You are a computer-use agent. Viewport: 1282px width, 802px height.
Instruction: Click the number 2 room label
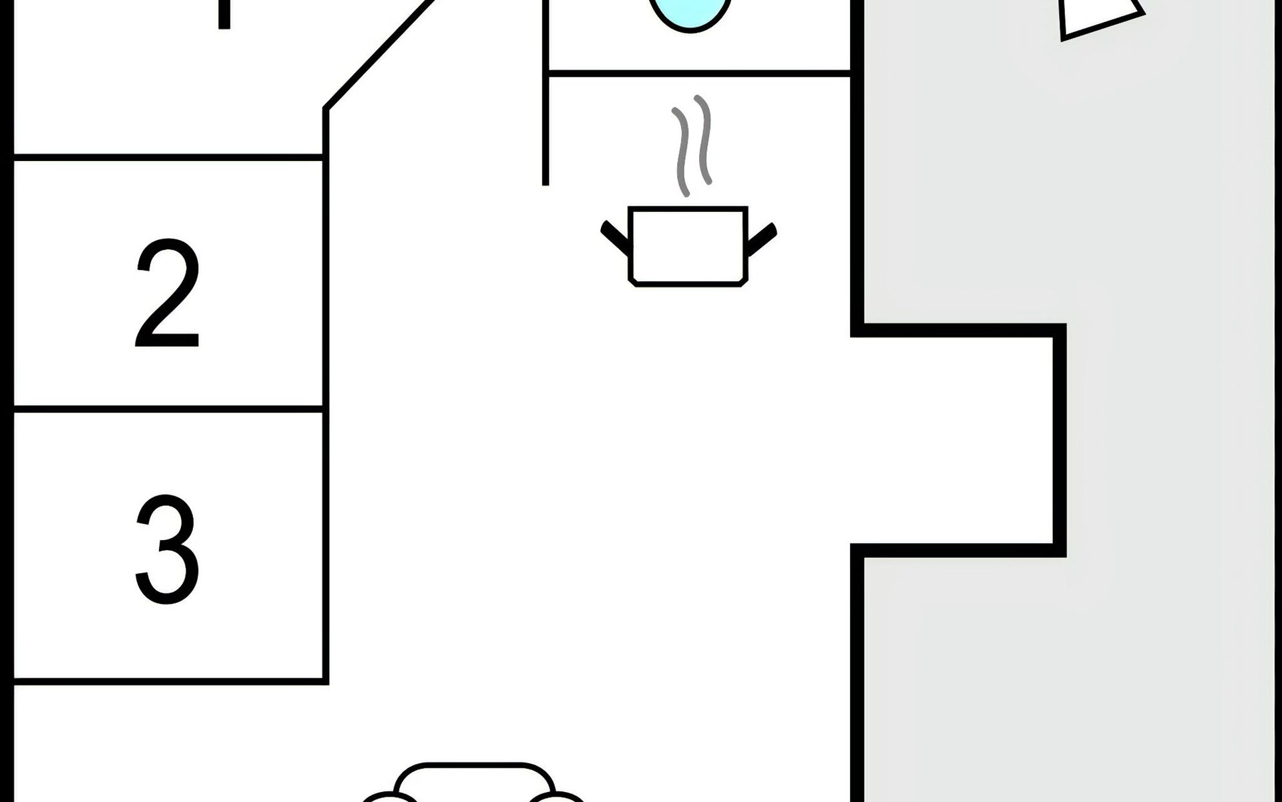click(x=167, y=294)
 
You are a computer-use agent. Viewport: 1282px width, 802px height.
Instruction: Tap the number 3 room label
click(x=167, y=549)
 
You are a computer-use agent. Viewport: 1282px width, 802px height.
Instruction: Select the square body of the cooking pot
click(x=688, y=246)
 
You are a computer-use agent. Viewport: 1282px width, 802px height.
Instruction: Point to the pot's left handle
click(x=615, y=239)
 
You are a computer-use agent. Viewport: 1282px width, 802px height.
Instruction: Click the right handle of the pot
click(x=761, y=239)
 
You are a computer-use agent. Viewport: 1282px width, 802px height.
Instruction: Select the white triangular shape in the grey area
click(x=1095, y=17)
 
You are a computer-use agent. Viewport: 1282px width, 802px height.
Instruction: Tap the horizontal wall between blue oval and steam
click(x=698, y=73)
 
